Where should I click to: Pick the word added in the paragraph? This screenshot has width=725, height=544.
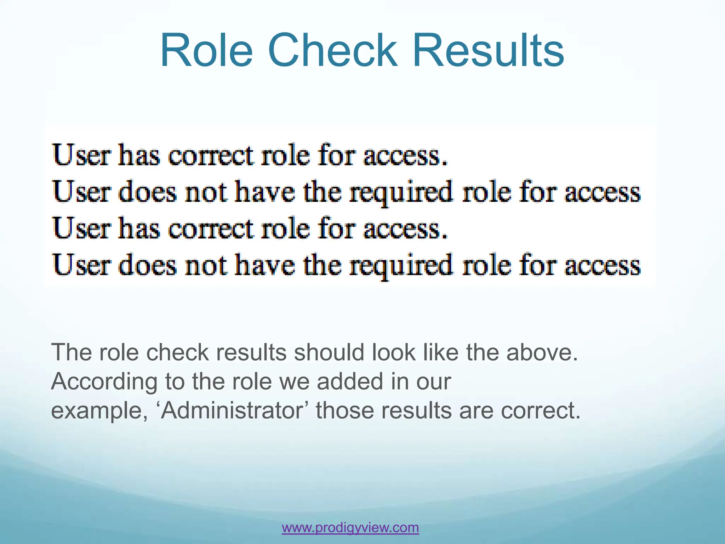click(x=349, y=382)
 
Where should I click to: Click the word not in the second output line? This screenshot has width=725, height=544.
click(x=206, y=192)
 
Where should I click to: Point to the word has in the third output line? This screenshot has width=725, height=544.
click(x=139, y=228)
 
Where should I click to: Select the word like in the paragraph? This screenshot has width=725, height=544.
click(x=440, y=353)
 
